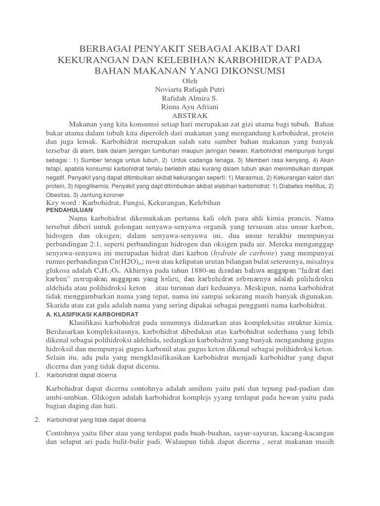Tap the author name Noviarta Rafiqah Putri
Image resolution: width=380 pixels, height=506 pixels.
190,90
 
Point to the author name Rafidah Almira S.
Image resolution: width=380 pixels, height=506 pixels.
190,98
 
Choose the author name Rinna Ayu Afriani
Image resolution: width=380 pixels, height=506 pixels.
190,107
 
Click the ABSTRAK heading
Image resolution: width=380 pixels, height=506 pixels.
190,115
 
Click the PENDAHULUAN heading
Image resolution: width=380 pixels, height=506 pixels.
69,211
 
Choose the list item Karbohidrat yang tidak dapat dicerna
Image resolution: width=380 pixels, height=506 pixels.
96,420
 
